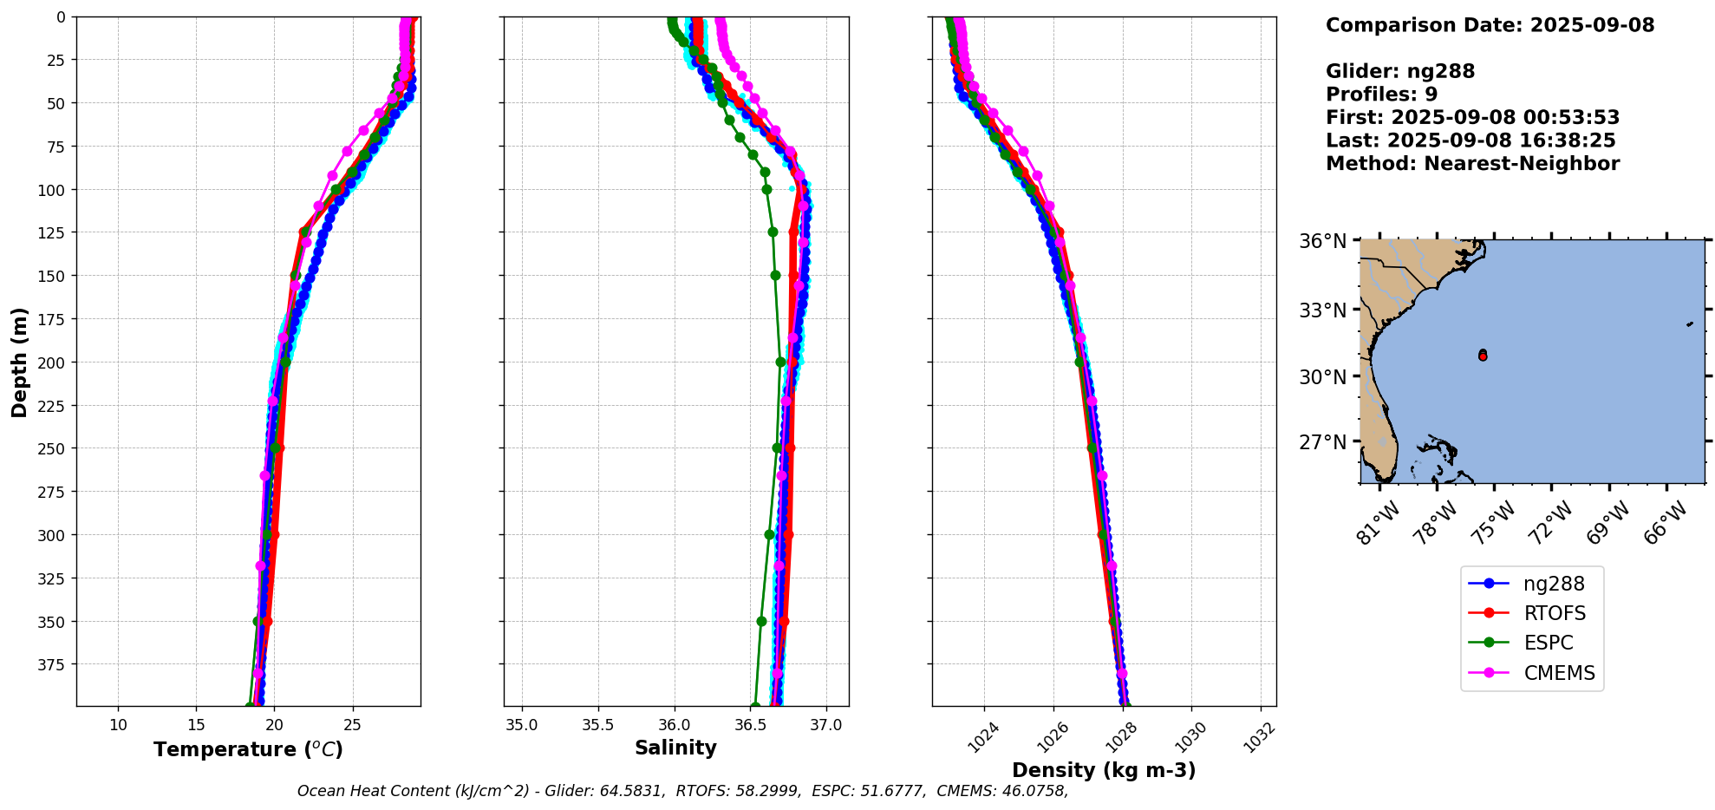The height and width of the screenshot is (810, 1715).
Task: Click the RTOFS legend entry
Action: (1554, 613)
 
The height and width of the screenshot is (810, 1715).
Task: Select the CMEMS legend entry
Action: (1558, 673)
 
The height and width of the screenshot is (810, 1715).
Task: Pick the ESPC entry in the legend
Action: (1548, 643)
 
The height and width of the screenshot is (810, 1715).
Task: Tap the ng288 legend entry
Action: (1553, 584)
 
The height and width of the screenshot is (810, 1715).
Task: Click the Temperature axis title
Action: (248, 749)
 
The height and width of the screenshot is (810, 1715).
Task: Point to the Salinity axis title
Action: (675, 748)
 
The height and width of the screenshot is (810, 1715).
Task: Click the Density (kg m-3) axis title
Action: (1104, 770)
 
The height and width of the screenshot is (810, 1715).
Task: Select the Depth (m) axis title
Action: (19, 362)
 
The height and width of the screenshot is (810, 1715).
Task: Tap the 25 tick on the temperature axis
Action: (352, 725)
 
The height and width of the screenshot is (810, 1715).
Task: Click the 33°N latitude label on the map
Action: (1322, 310)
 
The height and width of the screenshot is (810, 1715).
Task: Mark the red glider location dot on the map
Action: (1483, 356)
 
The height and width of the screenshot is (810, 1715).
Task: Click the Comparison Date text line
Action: (1490, 25)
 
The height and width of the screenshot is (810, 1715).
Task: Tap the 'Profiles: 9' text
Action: (1381, 95)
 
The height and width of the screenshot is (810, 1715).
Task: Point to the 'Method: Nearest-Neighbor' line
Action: (1472, 164)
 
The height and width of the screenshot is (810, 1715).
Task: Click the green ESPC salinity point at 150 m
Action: (775, 275)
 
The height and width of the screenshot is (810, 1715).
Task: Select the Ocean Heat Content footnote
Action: (682, 791)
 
